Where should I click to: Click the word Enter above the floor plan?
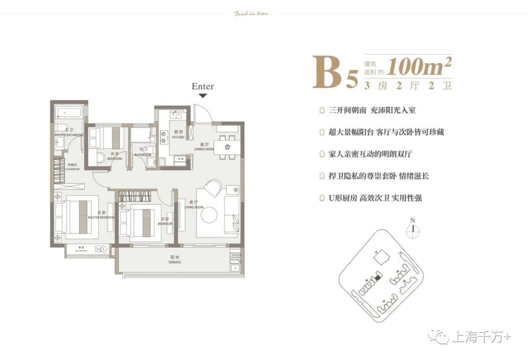pyautogui.click(x=202, y=86)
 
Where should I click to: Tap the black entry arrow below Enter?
pyautogui.click(x=202, y=96)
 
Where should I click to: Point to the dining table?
pyautogui.click(x=227, y=147)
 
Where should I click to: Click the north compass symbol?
pyautogui.click(x=414, y=228)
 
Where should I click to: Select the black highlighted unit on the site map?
pyautogui.click(x=377, y=277)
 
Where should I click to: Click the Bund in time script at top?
pyautogui.click(x=251, y=13)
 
